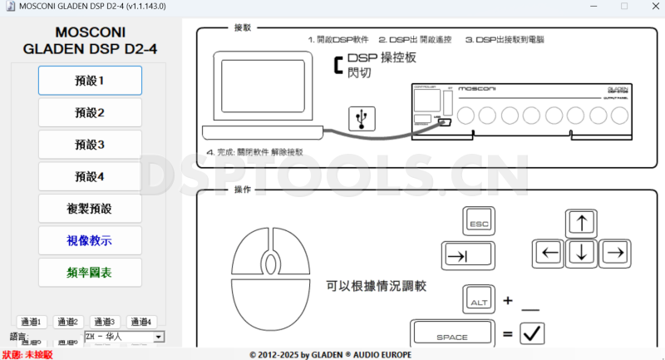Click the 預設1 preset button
[90, 81]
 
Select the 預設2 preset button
[90, 112]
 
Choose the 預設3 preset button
[90, 145]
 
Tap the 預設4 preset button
[90, 176]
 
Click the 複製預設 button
[90, 208]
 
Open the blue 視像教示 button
[90, 240]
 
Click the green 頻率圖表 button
[90, 272]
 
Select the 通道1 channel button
[31, 322]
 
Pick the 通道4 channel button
[141, 322]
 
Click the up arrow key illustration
[581, 224]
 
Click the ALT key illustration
[478, 299]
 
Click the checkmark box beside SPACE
[531, 334]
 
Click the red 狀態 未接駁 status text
[27, 354]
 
